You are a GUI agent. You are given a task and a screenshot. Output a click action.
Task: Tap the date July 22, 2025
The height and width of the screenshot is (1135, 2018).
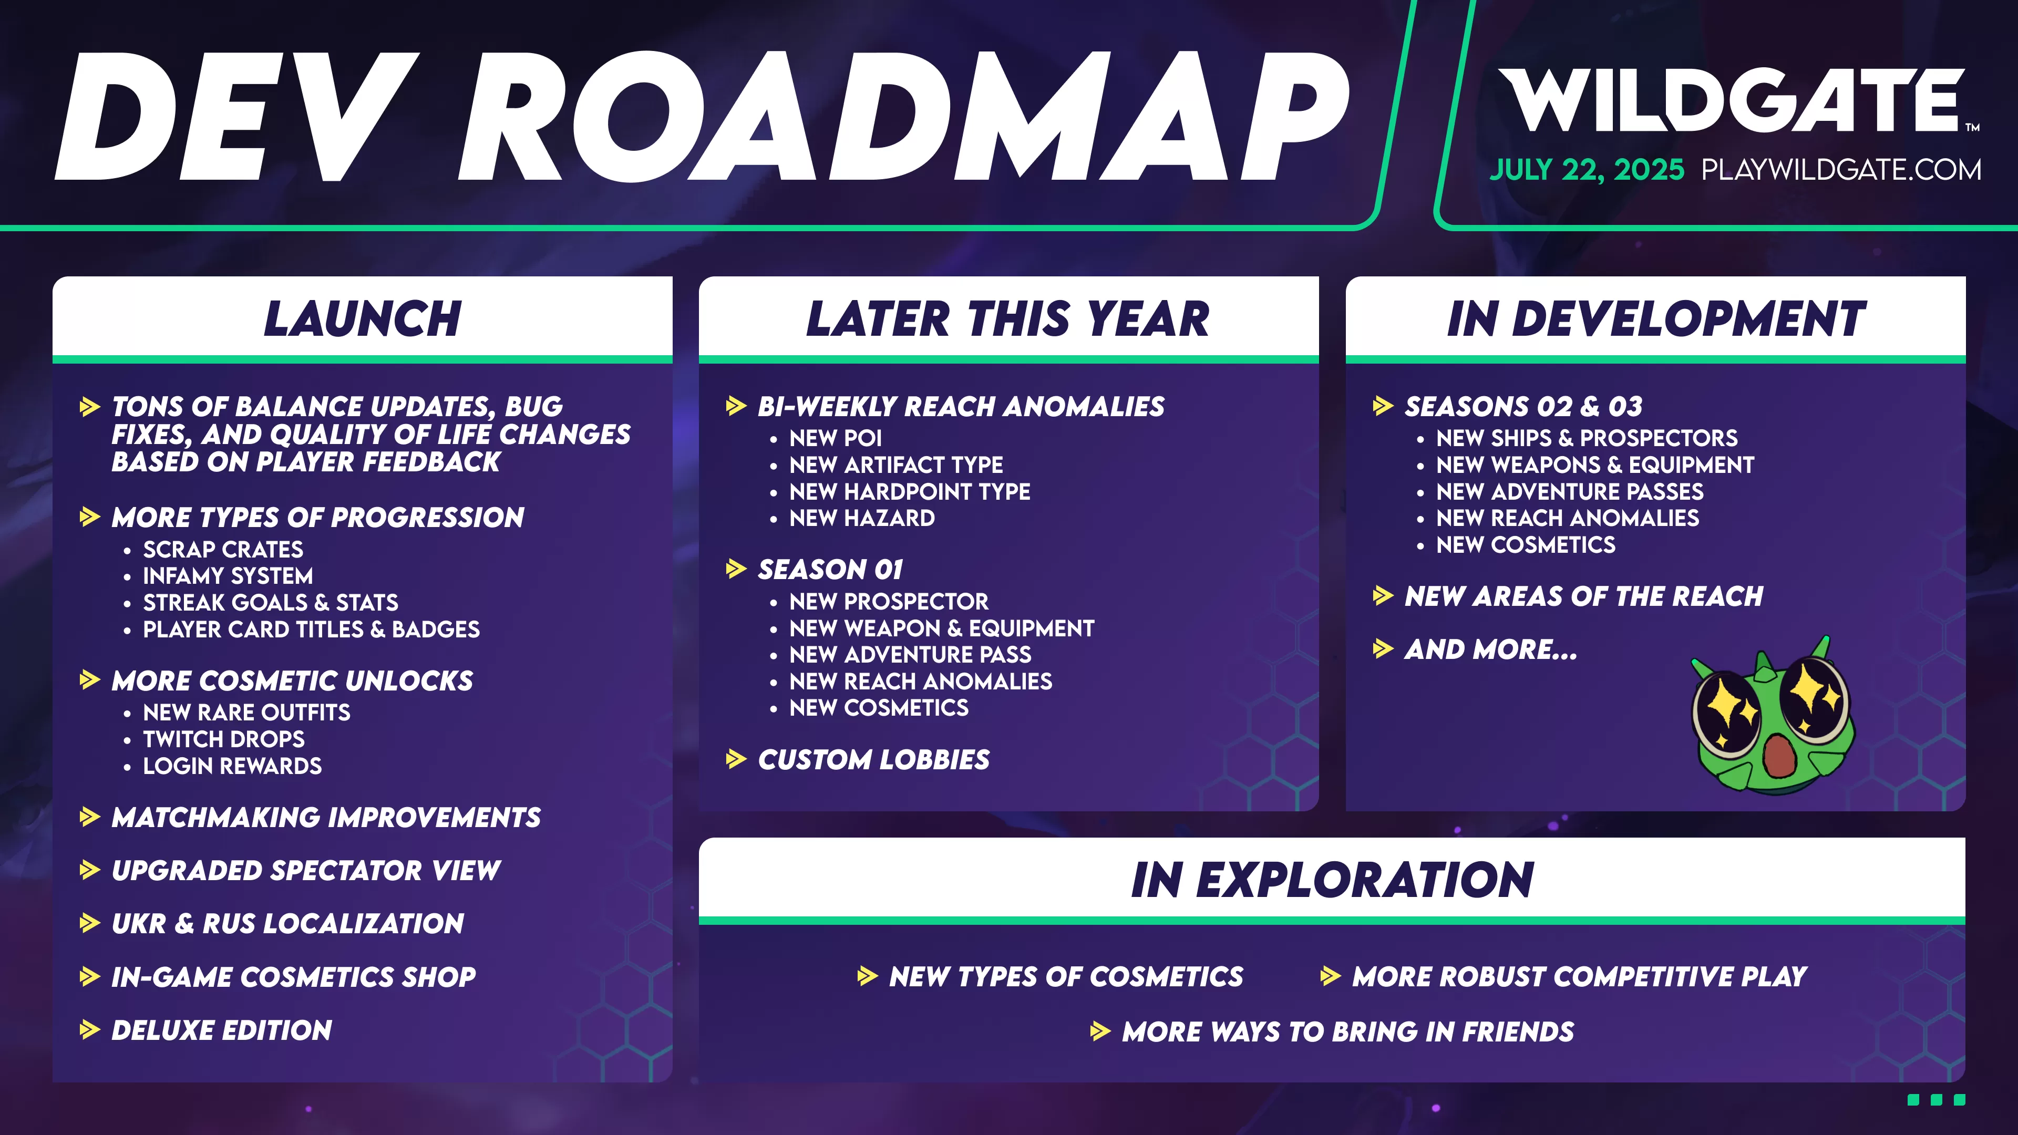[x=1587, y=170]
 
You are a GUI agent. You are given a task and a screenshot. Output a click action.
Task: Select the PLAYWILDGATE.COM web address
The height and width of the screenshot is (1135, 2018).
[x=1841, y=170]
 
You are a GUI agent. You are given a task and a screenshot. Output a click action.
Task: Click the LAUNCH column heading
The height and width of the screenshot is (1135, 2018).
[x=362, y=319]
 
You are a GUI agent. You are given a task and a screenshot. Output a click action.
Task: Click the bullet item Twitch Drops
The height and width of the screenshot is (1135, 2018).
[x=223, y=739]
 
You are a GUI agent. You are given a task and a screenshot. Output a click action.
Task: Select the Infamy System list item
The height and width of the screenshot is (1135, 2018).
[x=227, y=576]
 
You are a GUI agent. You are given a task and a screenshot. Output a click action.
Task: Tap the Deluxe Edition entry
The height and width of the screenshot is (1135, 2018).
[x=222, y=1030]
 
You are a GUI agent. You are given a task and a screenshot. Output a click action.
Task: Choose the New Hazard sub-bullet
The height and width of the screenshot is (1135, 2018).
[x=862, y=518]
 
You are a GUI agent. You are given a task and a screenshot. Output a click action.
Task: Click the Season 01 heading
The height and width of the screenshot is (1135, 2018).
[x=830, y=570]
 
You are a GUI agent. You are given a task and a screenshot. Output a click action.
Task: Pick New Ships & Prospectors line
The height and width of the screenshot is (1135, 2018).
[x=1587, y=438]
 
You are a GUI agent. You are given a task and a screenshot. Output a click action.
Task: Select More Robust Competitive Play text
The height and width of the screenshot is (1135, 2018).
[x=1579, y=977]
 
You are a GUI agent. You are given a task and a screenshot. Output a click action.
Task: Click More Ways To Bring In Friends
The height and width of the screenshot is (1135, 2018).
[x=1347, y=1031]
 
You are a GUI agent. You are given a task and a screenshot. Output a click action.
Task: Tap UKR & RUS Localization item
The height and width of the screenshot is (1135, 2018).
[x=287, y=924]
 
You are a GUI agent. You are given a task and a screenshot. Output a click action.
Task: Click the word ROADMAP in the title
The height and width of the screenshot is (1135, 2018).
[x=901, y=118]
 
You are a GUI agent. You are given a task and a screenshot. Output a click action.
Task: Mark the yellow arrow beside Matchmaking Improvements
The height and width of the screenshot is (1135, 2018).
[x=90, y=817]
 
